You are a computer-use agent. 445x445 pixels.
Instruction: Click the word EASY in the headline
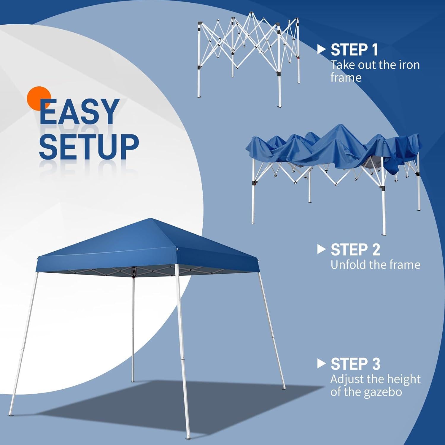pos(79,112)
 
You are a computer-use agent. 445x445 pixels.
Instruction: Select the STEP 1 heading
pos(354,50)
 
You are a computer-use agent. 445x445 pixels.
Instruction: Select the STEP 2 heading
pos(355,250)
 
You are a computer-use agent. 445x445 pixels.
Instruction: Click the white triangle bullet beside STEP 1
pos(321,50)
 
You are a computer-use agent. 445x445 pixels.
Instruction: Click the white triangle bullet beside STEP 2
pos(321,249)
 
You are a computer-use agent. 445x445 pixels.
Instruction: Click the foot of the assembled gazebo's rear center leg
pos(133,380)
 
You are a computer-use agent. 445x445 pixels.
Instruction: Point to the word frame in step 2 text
pos(405,265)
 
